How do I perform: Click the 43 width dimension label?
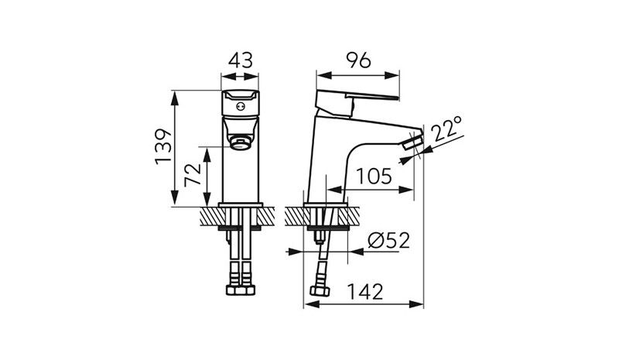click(x=241, y=61)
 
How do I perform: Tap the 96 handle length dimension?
click(x=358, y=60)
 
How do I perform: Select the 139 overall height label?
click(x=163, y=146)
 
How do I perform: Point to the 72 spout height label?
click(x=193, y=175)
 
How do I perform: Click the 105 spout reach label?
click(x=374, y=176)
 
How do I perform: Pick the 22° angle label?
click(x=447, y=129)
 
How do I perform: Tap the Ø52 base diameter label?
click(x=388, y=241)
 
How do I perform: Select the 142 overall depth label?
click(x=364, y=292)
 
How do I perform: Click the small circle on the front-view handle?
click(x=241, y=106)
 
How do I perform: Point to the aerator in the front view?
click(x=241, y=143)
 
